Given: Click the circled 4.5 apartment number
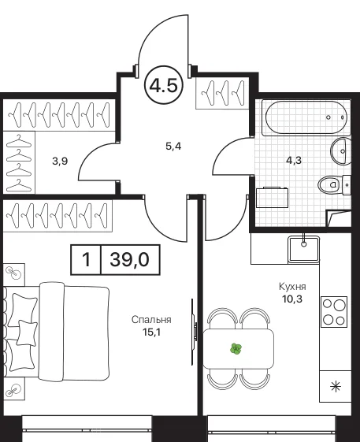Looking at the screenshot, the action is coord(164,85).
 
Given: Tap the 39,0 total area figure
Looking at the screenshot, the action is coord(129,259).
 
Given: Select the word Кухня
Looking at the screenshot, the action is coord(292,287).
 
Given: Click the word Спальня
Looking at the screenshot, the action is coord(151,320).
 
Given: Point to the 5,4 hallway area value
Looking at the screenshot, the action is coord(173,147).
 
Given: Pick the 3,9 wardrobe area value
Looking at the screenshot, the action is coord(60,162).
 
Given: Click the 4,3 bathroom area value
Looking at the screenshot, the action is coord(294,161).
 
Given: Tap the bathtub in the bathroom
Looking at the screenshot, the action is coord(306,117).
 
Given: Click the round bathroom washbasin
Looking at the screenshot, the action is coord(341,151).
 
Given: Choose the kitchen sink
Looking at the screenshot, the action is coord(303,249).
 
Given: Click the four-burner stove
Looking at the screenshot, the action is coord(334,312).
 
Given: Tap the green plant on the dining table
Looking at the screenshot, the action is coord(236,349).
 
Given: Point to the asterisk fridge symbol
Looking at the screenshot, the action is coord(336,386).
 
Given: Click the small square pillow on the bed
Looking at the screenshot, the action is coord(27,333).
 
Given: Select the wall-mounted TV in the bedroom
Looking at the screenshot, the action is coord(193,332).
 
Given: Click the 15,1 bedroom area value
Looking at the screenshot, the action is coord(151,332).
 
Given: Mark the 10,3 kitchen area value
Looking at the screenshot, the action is coord(292,299).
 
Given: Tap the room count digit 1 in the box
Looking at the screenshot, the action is coord(86,260).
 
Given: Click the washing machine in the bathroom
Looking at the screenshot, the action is coord(272,197).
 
